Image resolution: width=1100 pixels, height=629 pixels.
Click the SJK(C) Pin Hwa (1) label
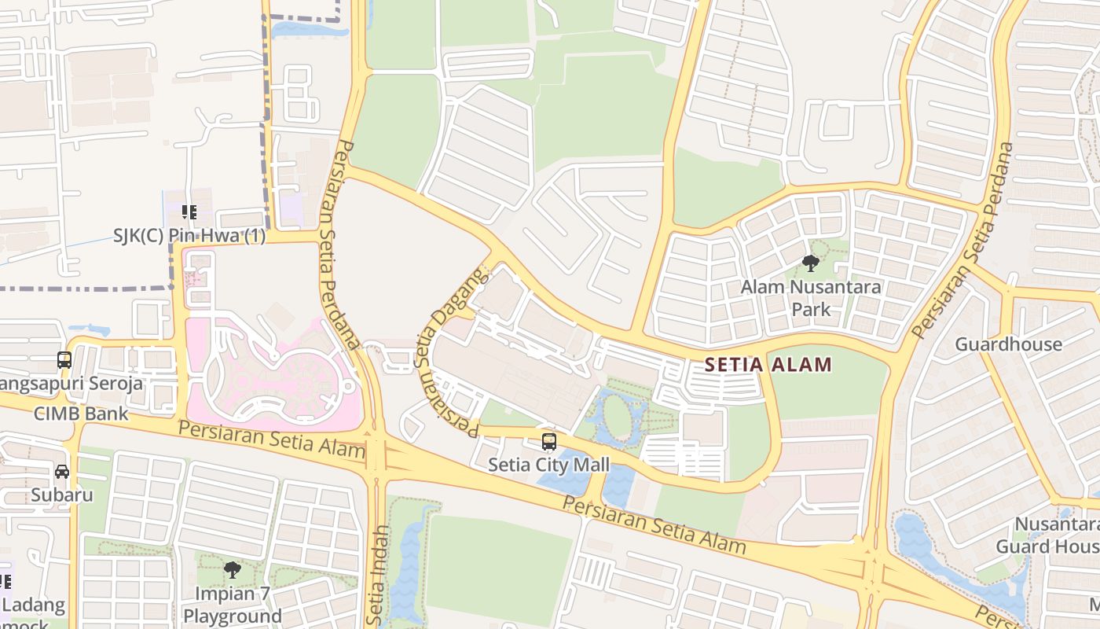[x=189, y=236]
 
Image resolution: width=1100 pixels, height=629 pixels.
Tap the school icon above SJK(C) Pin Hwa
[x=189, y=212]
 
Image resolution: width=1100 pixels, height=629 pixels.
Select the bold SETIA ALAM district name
[x=768, y=365]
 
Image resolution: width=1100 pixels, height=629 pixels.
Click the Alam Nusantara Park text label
[x=811, y=298]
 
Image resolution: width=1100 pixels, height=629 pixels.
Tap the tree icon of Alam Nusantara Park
[x=811, y=263]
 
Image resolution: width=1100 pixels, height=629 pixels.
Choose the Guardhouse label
[x=1008, y=344]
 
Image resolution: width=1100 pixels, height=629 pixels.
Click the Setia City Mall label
[x=548, y=465]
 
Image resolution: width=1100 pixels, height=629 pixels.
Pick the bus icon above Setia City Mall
[x=549, y=442]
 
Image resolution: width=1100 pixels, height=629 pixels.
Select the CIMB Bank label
[x=80, y=414]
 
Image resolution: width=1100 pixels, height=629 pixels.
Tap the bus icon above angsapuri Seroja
[x=64, y=360]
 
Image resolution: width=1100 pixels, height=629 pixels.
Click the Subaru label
[x=62, y=495]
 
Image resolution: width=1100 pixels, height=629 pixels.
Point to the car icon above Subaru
[x=62, y=472]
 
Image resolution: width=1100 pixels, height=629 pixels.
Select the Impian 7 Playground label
[x=232, y=605]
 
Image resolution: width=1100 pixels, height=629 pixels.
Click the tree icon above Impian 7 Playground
[x=232, y=569]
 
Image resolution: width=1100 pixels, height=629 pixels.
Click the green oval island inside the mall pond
[x=618, y=416]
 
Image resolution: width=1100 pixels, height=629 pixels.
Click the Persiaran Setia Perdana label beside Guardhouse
[x=962, y=240]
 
